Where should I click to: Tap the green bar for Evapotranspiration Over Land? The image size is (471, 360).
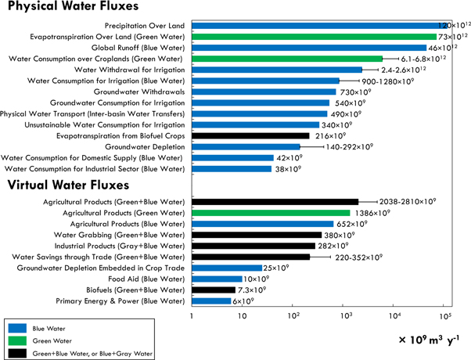coord(313,36)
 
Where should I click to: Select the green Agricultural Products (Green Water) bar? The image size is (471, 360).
coord(271,213)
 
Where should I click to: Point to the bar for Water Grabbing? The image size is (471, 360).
coord(257,235)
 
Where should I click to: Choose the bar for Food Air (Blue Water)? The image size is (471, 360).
coord(217,279)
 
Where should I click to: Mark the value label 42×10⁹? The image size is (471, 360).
coord(289,157)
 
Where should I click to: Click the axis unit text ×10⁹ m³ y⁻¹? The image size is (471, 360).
coord(428,339)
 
